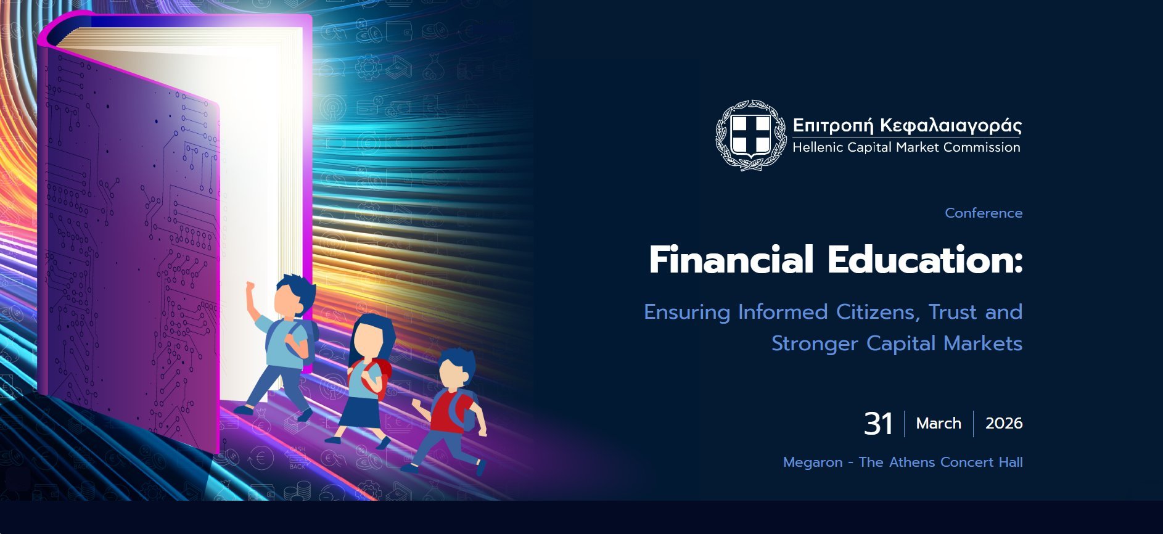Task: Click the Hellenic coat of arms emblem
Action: click(750, 135)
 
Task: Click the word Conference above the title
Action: click(984, 213)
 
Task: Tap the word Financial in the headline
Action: click(731, 260)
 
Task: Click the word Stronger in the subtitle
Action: click(815, 343)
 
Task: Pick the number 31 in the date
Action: click(878, 424)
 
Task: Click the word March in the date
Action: click(939, 424)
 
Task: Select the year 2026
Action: click(1004, 424)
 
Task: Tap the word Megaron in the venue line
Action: click(813, 462)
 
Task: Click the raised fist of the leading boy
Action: click(250, 288)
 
